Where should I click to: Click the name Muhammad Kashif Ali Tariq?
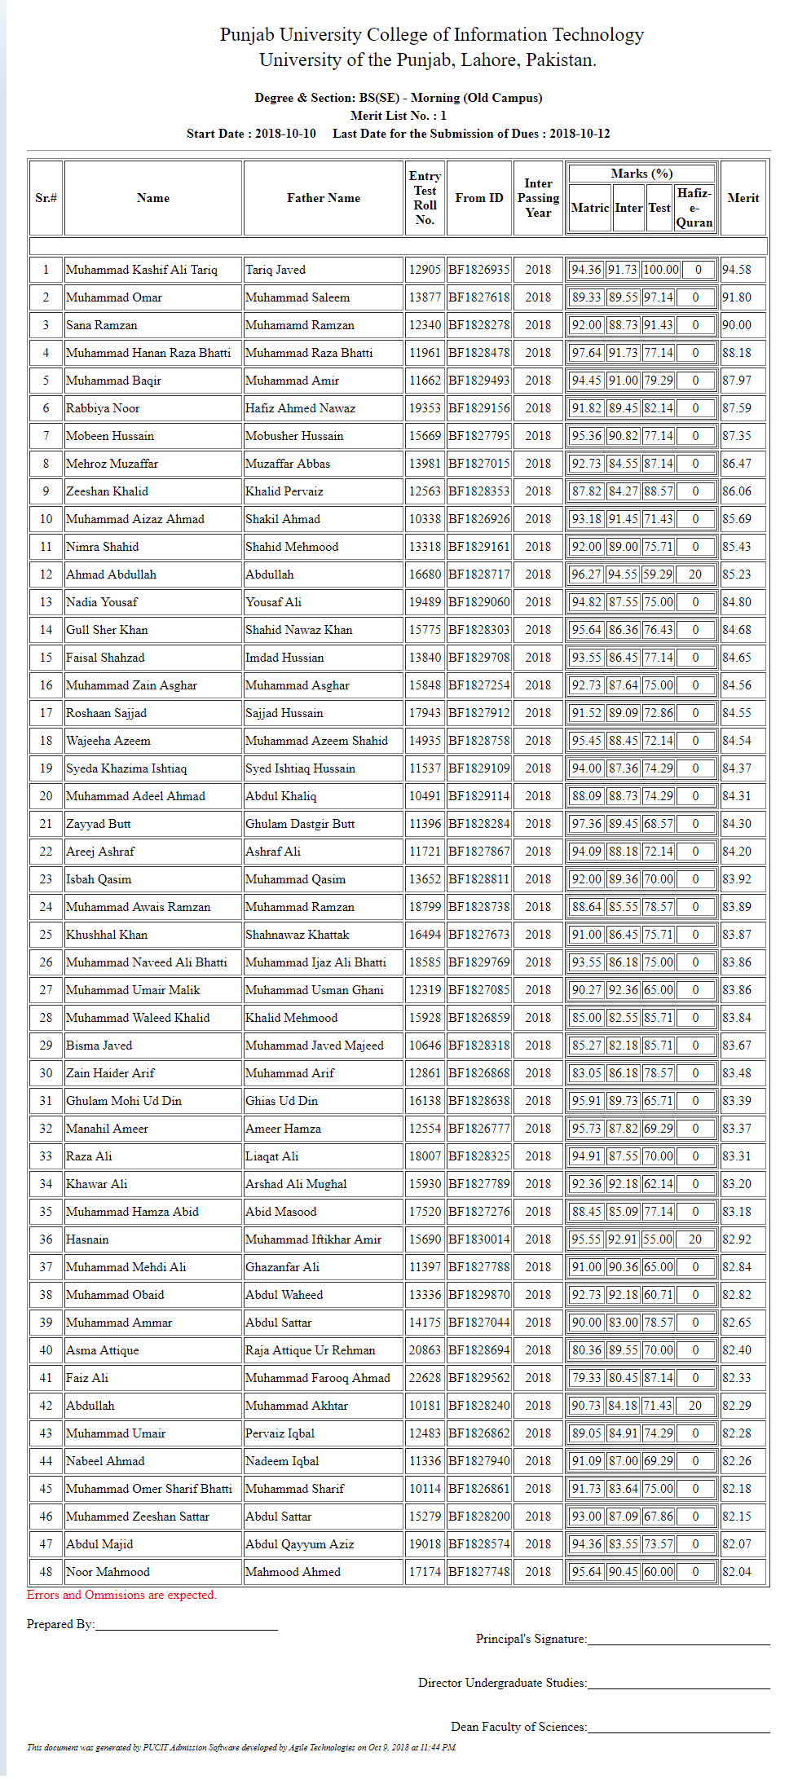tap(142, 270)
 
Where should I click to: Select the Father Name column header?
tap(324, 198)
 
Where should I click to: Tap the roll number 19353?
tap(425, 408)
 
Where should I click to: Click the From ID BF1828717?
tap(479, 575)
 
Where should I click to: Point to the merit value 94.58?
tap(737, 270)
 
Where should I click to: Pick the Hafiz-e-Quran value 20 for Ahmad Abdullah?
tap(695, 575)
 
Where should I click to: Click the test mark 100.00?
tap(661, 270)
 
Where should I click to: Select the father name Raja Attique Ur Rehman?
tap(311, 1350)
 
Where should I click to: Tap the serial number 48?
tap(46, 1572)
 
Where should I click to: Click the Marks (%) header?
tap(641, 174)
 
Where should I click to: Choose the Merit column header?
tap(743, 198)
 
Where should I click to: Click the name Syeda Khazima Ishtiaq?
tap(126, 768)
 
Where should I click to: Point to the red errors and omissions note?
tap(121, 1595)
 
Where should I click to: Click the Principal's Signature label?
tap(531, 1639)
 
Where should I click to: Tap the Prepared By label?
tap(60, 1624)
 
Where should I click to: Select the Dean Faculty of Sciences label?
tap(518, 1727)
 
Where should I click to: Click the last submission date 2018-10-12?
tap(580, 134)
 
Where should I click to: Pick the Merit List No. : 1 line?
tap(399, 116)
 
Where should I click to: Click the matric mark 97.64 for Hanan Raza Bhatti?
tap(586, 353)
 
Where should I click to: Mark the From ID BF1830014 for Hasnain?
tap(479, 1239)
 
